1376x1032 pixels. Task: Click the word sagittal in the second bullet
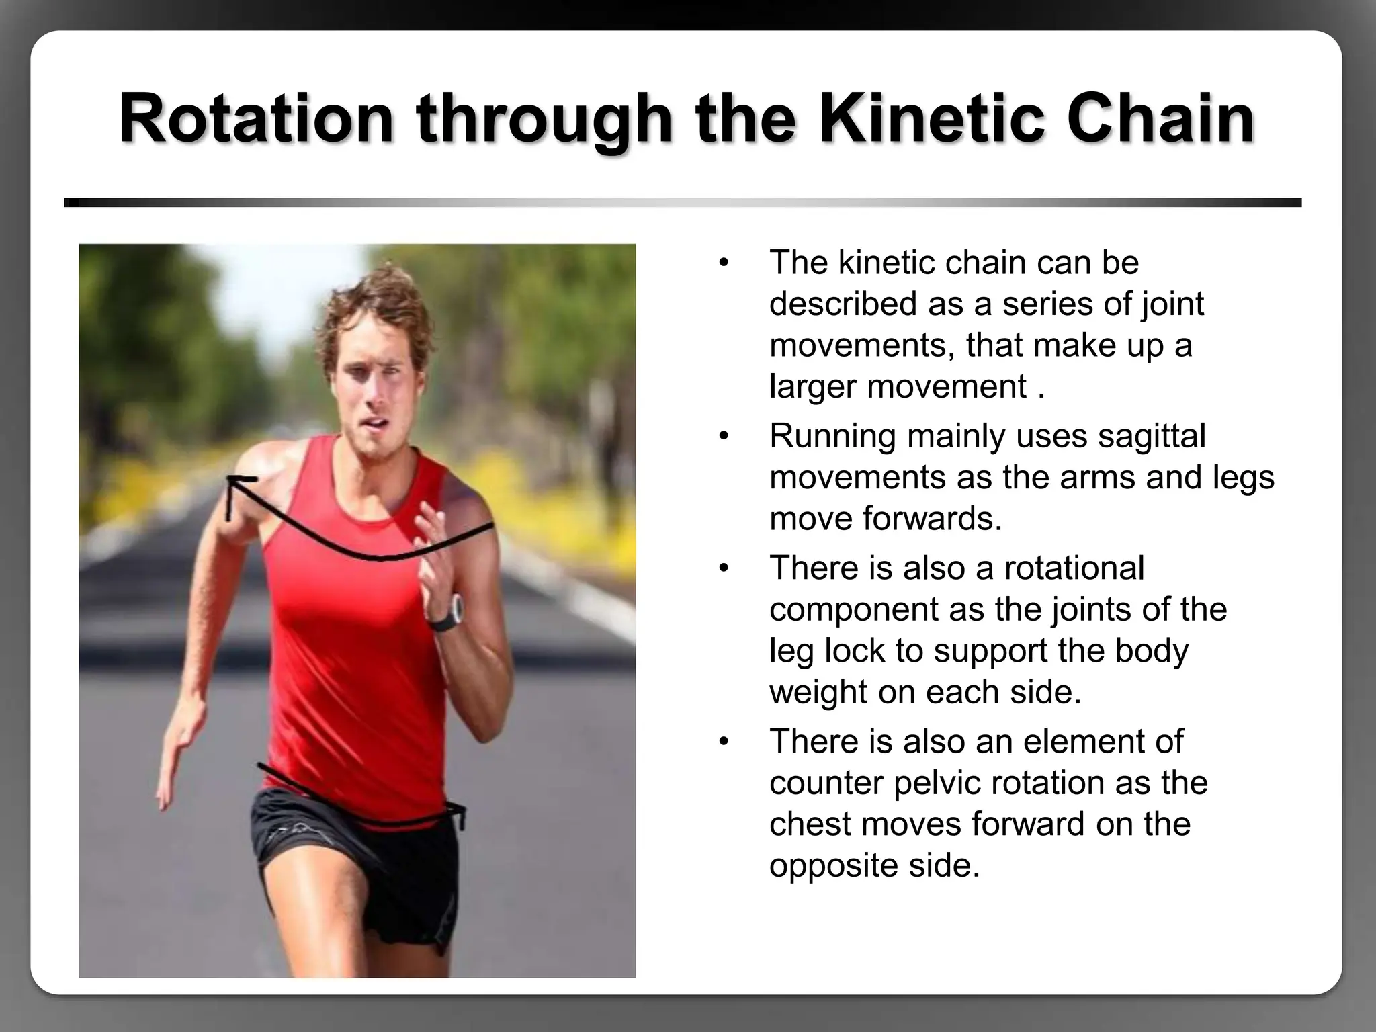(x=1152, y=435)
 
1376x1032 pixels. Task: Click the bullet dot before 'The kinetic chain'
(x=723, y=263)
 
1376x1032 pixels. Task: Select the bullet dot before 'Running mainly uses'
(x=723, y=437)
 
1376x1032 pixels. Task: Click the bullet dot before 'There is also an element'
(x=723, y=742)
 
